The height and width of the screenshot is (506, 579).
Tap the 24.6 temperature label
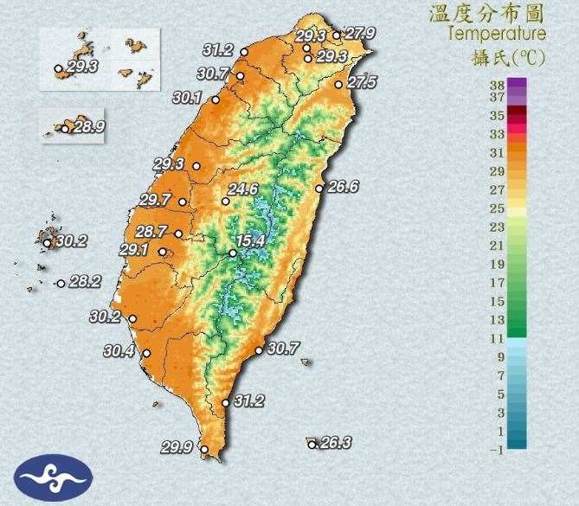(243, 189)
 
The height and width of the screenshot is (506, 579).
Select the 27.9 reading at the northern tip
(359, 34)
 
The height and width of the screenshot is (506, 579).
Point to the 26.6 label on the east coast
(342, 187)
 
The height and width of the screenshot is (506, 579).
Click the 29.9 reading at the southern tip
(177, 447)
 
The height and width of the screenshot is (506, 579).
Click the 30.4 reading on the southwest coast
(119, 351)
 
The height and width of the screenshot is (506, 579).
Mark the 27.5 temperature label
(362, 83)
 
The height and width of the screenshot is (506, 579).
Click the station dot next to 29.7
(183, 204)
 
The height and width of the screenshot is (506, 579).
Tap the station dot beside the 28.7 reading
(178, 234)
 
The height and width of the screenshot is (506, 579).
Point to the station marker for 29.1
(162, 252)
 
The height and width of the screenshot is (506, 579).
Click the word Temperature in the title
(497, 34)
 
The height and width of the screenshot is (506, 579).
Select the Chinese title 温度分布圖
(487, 13)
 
